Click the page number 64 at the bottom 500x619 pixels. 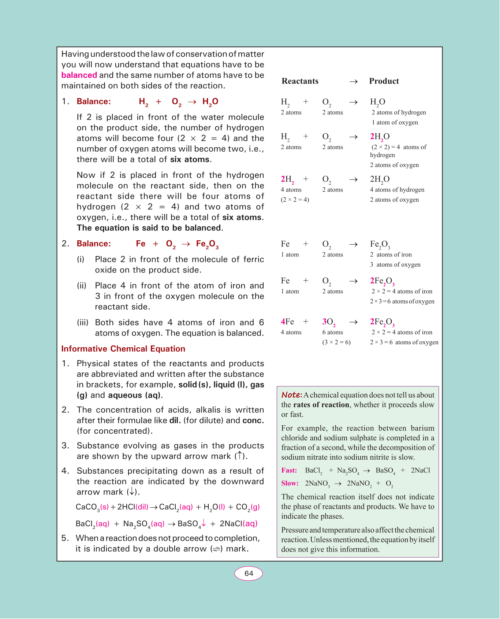(249, 574)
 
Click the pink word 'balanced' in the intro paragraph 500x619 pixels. (79, 75)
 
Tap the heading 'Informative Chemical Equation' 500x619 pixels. (123, 349)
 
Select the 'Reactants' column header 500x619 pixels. (300, 81)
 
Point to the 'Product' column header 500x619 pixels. (384, 81)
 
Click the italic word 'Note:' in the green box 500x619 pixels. (291, 395)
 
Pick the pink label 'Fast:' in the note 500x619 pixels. (289, 470)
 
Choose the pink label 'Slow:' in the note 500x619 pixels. (290, 483)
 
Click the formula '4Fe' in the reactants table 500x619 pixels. (287, 322)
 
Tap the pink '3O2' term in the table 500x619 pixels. (329, 322)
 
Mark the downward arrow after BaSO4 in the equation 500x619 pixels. (204, 523)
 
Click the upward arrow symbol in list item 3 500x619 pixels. (239, 456)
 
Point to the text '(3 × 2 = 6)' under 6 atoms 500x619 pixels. (336, 342)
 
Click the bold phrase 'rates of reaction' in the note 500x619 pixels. (321, 405)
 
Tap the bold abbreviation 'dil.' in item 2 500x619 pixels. (175, 420)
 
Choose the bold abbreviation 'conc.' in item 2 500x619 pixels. (253, 420)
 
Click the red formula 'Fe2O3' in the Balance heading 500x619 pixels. (207, 244)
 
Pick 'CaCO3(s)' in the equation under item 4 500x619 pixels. (92, 507)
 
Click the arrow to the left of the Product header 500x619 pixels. (353, 81)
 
